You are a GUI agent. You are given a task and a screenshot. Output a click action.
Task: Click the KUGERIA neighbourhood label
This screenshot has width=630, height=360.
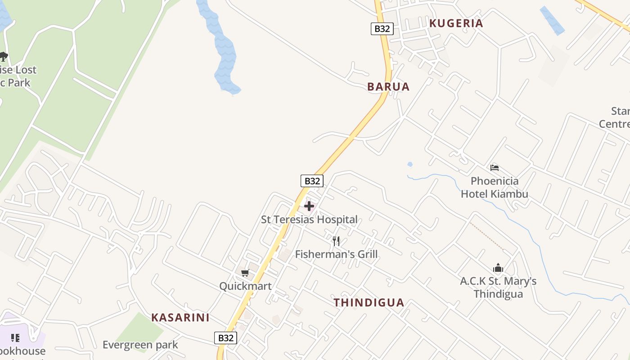[x=456, y=23]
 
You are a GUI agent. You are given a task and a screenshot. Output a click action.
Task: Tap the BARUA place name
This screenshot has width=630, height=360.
[x=388, y=87]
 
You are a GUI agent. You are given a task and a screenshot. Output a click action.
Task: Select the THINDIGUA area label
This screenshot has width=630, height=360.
[x=369, y=302]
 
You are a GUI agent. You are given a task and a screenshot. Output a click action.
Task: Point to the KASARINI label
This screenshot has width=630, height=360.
[x=180, y=317]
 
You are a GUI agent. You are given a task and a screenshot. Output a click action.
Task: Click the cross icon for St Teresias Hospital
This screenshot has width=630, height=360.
[x=309, y=207]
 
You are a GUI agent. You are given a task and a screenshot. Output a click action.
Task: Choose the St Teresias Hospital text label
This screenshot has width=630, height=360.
[x=309, y=220]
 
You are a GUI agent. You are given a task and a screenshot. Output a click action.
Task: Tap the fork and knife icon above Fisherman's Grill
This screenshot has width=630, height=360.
[x=336, y=241]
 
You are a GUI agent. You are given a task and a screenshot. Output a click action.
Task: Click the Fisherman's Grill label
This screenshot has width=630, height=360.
[x=336, y=254]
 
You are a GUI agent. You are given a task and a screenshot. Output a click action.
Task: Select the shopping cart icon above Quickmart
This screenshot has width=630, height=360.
[x=245, y=273]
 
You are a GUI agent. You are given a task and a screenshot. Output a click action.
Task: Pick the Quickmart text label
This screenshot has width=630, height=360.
[x=245, y=286]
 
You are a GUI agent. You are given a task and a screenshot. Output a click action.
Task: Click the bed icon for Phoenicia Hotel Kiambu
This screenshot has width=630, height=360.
[x=495, y=168]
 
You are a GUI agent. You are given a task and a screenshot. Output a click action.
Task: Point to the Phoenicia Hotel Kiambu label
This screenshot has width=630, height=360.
[x=495, y=188]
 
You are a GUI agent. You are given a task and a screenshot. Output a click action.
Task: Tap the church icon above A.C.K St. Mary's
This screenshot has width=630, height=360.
[x=498, y=268]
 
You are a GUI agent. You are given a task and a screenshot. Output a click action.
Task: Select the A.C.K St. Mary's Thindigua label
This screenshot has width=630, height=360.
[x=498, y=288]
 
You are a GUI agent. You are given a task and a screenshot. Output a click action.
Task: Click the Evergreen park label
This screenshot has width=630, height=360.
[x=140, y=345]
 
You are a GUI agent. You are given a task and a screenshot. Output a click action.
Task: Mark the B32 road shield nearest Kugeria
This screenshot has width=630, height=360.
[x=382, y=29]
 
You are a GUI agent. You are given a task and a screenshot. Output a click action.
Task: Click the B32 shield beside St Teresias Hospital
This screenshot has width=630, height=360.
[x=312, y=181]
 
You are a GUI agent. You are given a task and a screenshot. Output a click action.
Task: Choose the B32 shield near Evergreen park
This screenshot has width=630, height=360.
[x=225, y=338]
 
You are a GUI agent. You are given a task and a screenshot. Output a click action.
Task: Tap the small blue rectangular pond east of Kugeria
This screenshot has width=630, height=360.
[x=552, y=20]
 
